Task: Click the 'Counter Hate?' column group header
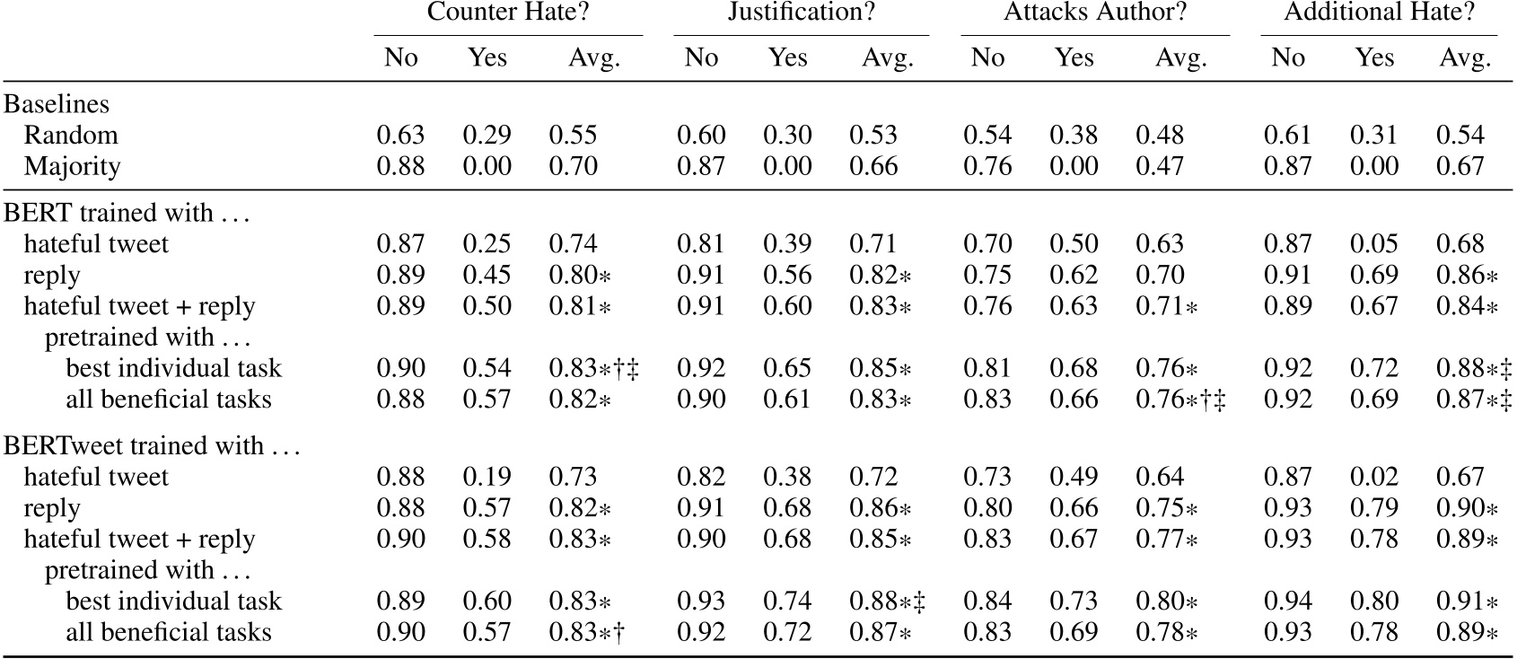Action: point(508,13)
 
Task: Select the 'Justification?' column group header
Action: point(801,13)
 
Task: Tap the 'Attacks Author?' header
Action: point(1095,13)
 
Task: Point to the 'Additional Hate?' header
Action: point(1379,13)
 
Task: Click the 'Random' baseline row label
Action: point(71,136)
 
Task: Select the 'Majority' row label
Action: point(72,167)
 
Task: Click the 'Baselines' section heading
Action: point(57,104)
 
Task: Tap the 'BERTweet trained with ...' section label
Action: point(151,446)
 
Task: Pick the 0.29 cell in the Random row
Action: point(487,136)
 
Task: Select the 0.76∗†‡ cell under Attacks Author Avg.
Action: point(1180,400)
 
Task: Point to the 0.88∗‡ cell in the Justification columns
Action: point(887,602)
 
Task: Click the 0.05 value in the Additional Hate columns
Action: point(1374,244)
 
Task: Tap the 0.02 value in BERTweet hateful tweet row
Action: point(1374,478)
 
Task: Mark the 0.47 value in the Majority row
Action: point(1160,167)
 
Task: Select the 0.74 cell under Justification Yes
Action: point(787,602)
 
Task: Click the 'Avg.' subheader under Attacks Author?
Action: point(1180,58)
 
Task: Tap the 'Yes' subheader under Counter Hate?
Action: point(487,58)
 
